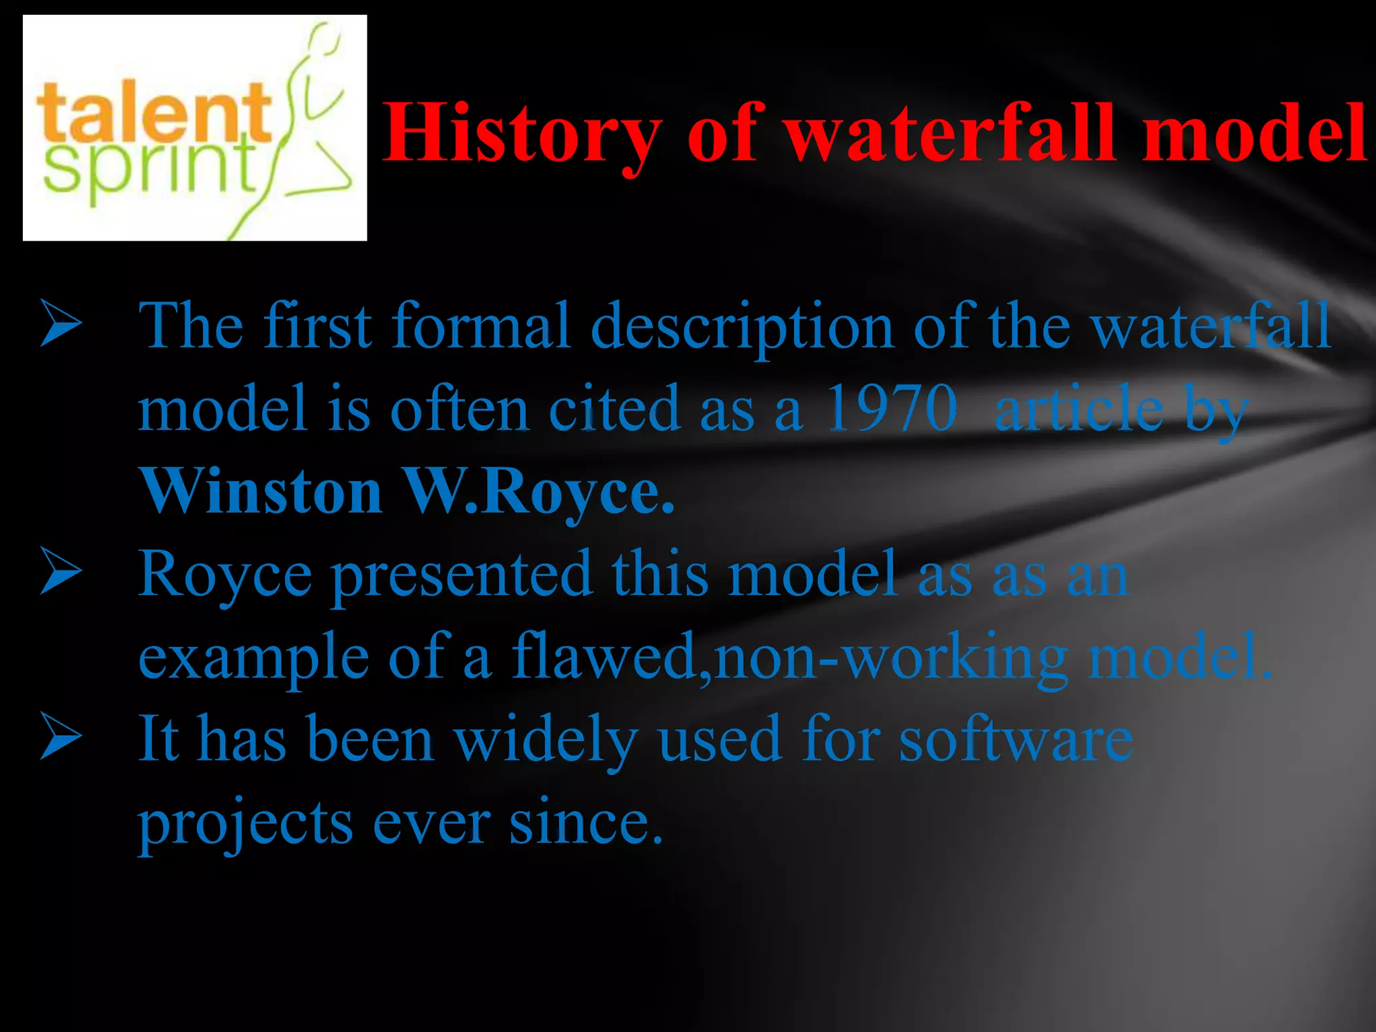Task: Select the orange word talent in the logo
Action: pyautogui.click(x=154, y=112)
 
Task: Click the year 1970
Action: pyautogui.click(x=892, y=408)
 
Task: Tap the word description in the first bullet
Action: pyautogui.click(x=742, y=327)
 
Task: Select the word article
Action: pyautogui.click(x=1078, y=408)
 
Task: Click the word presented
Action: pyautogui.click(x=462, y=574)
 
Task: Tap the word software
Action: pyautogui.click(x=1016, y=739)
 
